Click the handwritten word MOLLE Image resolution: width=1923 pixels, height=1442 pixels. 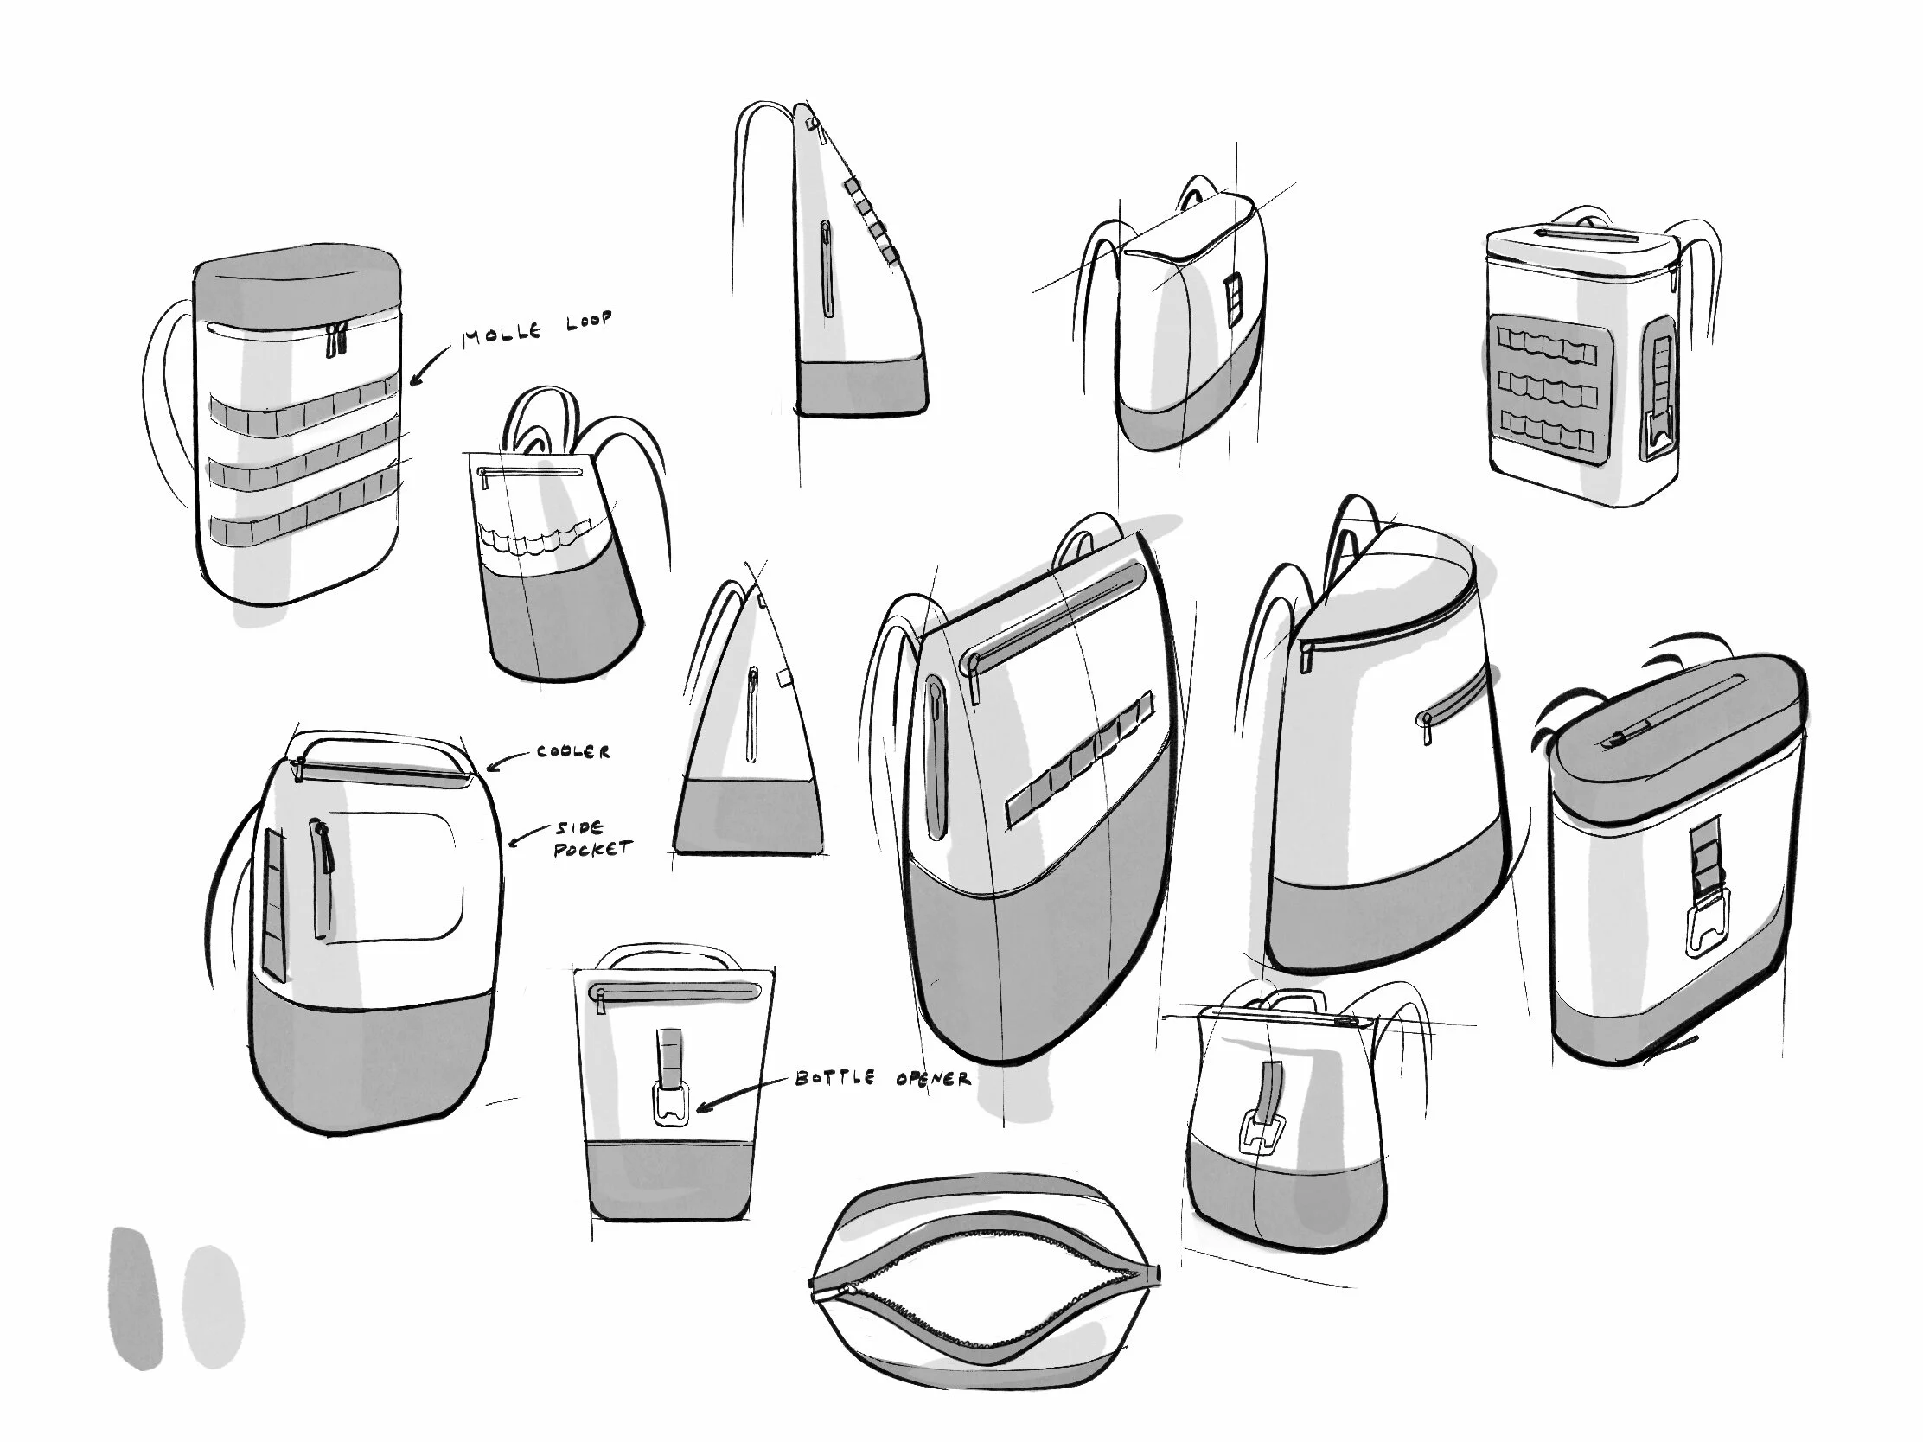pos(502,333)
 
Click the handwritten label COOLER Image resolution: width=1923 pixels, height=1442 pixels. pos(573,751)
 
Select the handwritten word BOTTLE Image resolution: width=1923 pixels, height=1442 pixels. pos(834,1078)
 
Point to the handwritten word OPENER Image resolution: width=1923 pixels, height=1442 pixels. pos(933,1080)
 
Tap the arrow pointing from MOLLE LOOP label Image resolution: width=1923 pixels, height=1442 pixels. pos(430,364)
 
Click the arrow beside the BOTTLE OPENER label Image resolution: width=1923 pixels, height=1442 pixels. pos(741,1094)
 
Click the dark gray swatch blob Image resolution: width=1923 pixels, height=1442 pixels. pos(136,1298)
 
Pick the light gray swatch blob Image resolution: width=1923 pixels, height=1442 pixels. pos(212,1306)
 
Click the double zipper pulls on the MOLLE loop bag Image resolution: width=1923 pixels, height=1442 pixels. pos(336,339)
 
